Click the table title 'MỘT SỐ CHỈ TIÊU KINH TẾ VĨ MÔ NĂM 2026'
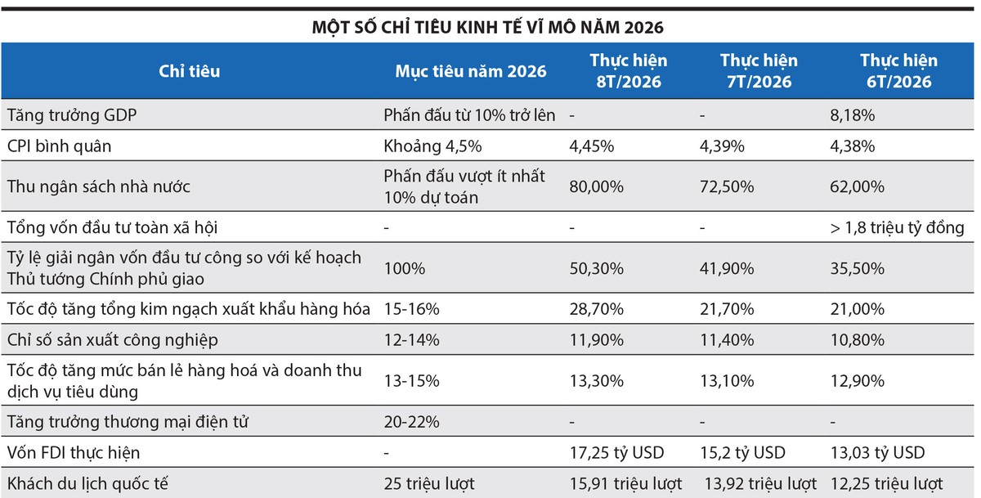tap(487, 27)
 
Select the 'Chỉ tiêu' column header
tap(189, 71)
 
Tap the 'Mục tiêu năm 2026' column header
tap(471, 71)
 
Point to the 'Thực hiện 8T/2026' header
tap(629, 71)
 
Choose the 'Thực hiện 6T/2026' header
tap(898, 71)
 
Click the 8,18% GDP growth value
tap(852, 115)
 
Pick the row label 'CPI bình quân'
tap(59, 146)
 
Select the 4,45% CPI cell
tap(592, 146)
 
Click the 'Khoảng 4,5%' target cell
tap(432, 146)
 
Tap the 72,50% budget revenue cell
tap(727, 186)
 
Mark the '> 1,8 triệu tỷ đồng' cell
tap(897, 228)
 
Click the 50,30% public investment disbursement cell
tap(597, 268)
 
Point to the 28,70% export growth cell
tap(597, 309)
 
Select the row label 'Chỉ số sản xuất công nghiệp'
tap(113, 340)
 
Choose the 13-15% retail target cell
tap(412, 380)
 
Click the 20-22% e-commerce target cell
tap(412, 422)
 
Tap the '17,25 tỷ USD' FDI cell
tap(616, 452)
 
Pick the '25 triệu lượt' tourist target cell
tap(429, 483)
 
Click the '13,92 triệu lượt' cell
tap(760, 483)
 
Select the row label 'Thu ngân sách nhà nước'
tap(99, 186)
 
